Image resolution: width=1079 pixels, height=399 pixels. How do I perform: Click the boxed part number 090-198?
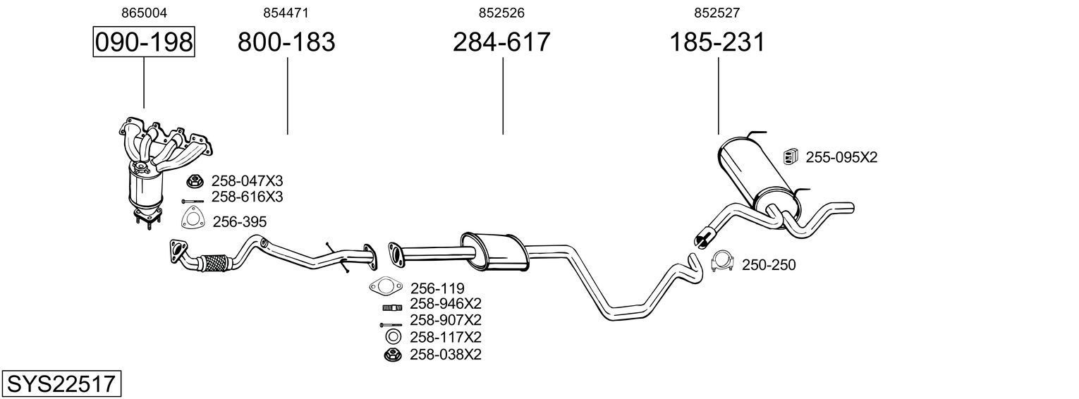pos(144,42)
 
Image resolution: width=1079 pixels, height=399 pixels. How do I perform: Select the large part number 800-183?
pos(286,42)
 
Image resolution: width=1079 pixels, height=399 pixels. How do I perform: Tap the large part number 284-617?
pos(501,42)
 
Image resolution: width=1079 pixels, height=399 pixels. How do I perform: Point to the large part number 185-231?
pos(717,42)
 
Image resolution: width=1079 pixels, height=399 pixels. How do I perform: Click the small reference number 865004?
pos(144,13)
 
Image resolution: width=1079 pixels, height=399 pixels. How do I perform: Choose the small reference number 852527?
pos(717,13)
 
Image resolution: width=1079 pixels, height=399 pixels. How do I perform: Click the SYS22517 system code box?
pos(61,384)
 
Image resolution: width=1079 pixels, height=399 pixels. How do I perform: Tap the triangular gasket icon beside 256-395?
pos(191,220)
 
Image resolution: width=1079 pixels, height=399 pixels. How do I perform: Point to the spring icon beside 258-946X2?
pos(392,307)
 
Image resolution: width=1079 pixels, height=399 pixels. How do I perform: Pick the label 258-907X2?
pos(445,320)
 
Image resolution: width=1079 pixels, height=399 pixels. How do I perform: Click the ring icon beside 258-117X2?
pos(393,337)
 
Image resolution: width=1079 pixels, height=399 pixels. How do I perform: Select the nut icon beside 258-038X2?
pos(392,355)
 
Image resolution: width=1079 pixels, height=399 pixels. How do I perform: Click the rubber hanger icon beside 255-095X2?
pos(791,157)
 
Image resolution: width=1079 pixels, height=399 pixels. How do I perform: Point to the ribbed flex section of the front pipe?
pos(215,264)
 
